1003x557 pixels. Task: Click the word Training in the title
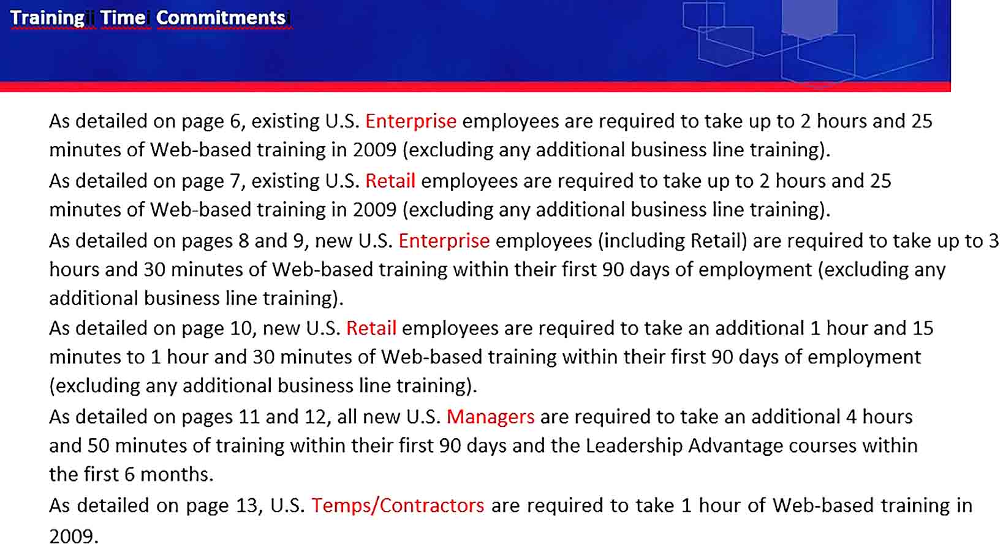(x=47, y=18)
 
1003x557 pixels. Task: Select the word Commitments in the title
(x=221, y=18)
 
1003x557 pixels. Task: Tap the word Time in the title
(x=123, y=18)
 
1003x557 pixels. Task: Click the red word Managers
(x=490, y=417)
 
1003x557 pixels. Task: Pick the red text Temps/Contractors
(x=398, y=506)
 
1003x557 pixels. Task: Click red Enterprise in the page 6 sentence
(x=411, y=121)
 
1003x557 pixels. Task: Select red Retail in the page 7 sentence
(x=390, y=181)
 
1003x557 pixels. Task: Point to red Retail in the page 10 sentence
(x=371, y=328)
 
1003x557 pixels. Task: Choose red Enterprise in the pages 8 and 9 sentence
(x=444, y=241)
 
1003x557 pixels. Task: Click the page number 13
(x=247, y=506)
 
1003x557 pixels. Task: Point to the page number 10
(x=243, y=328)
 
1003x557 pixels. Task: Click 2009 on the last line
(x=73, y=536)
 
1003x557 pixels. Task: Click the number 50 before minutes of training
(x=99, y=446)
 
